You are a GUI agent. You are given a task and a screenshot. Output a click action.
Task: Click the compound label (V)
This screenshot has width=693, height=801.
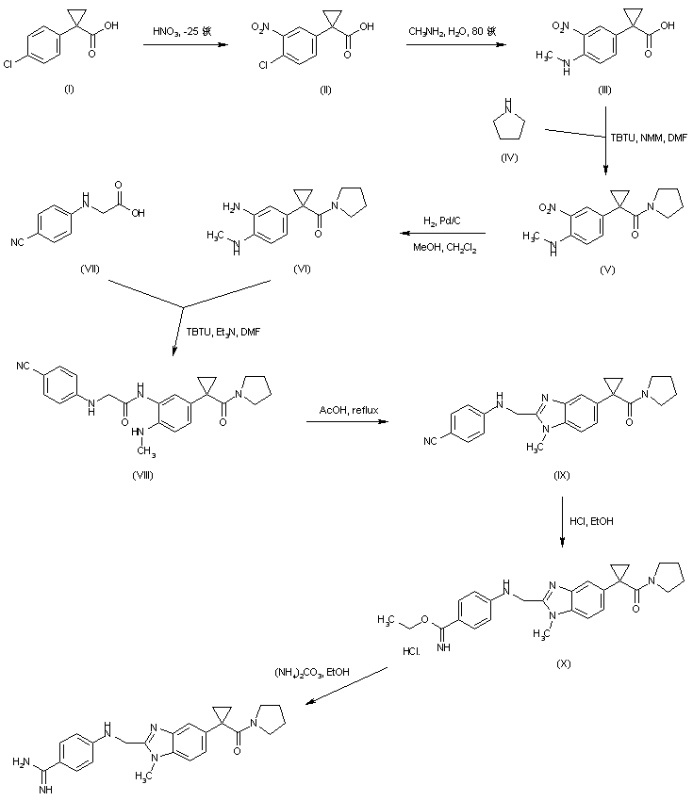606,269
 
